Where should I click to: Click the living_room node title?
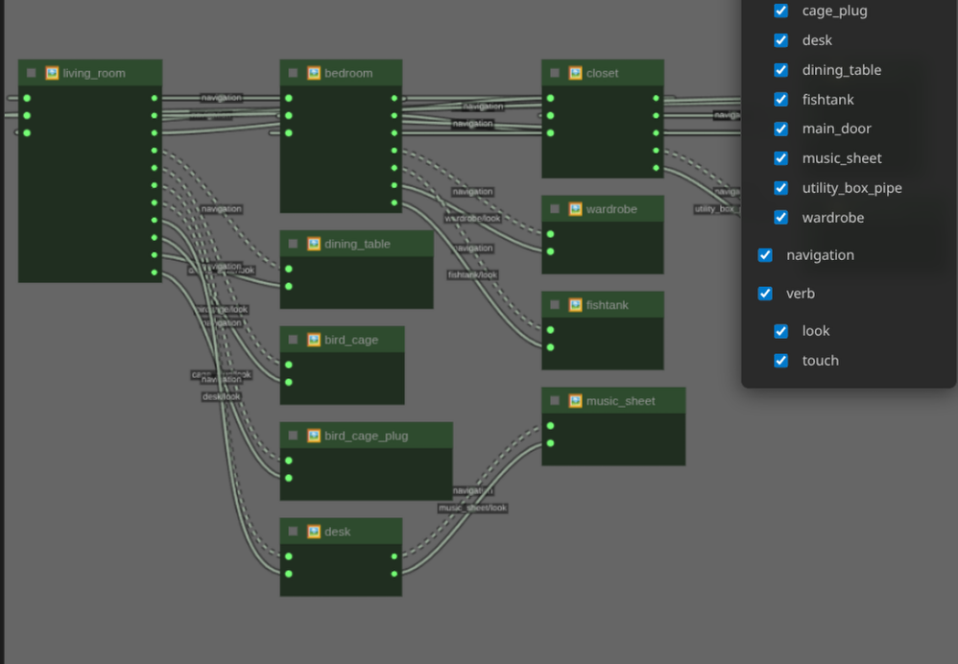point(94,73)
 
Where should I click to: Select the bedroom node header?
point(348,73)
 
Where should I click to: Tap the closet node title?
point(603,73)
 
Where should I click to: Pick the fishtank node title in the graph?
point(608,304)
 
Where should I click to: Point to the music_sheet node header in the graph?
point(621,400)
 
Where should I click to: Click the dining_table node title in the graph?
point(357,244)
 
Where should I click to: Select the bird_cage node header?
point(351,340)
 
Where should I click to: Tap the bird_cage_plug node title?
point(366,436)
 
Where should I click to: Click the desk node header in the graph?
point(338,532)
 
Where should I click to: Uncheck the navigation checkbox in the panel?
point(765,255)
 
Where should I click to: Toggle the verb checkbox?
point(765,294)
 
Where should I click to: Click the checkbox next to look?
point(781,331)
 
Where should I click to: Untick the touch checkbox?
point(781,361)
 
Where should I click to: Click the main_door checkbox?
point(781,129)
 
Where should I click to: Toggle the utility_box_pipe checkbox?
point(781,188)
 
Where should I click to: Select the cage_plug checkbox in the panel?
point(781,11)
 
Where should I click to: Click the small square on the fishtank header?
point(555,305)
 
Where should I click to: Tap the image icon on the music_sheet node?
point(575,400)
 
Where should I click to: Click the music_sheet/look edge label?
point(472,508)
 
